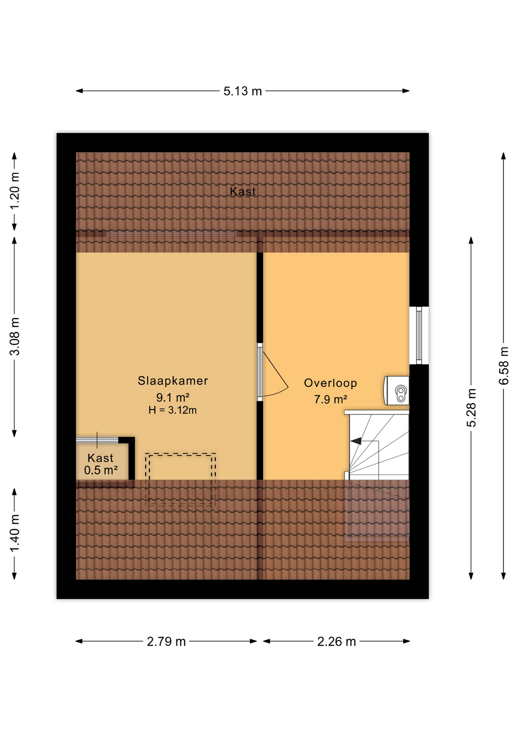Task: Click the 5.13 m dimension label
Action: tap(243, 91)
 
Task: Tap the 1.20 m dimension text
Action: tap(14, 191)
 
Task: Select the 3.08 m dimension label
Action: tap(14, 336)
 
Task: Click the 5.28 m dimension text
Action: tap(472, 408)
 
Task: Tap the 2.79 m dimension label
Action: tap(166, 642)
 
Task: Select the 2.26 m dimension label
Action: tap(336, 642)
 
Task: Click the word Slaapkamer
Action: tap(173, 380)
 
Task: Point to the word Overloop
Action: tap(330, 383)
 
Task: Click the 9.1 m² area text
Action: tap(173, 398)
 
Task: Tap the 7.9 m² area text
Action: tap(330, 400)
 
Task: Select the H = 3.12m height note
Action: tap(172, 410)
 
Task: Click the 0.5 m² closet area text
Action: tap(101, 470)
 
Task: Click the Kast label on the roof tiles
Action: tap(243, 191)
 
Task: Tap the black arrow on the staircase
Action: tap(356, 441)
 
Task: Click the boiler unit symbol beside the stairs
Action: tap(397, 391)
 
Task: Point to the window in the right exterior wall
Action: tap(419, 335)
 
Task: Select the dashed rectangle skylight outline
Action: tap(180, 479)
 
